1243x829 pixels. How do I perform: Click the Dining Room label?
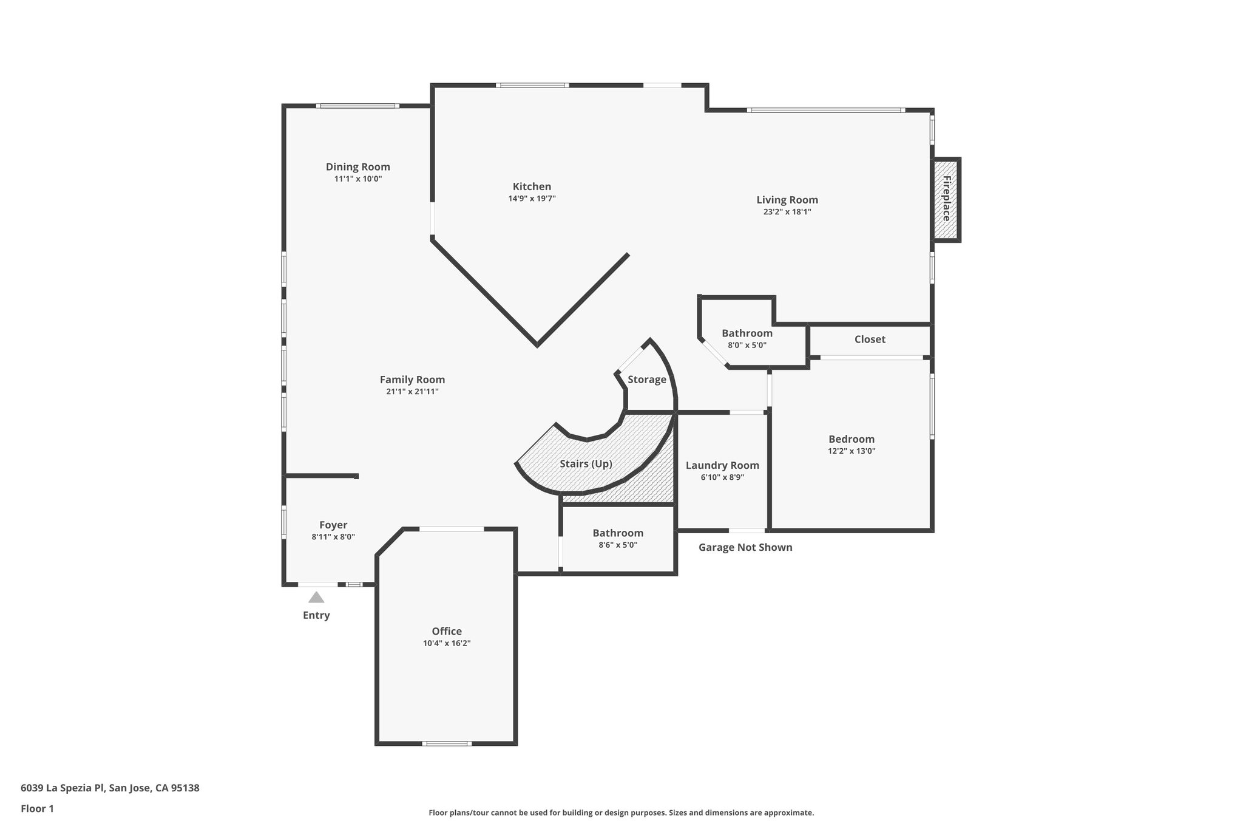tap(357, 167)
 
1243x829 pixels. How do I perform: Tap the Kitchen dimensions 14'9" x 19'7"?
tap(532, 199)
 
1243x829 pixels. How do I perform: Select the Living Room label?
tap(787, 200)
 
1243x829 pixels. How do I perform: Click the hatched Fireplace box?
tap(946, 200)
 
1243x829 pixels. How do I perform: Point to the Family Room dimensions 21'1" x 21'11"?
tap(412, 392)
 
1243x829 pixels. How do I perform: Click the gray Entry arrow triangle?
tap(316, 598)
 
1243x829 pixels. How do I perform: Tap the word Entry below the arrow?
tap(316, 615)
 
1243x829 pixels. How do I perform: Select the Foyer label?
tap(333, 525)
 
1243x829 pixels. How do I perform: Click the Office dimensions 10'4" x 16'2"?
tap(447, 643)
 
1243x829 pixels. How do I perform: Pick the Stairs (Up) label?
tap(586, 464)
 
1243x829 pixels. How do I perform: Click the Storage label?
tap(646, 380)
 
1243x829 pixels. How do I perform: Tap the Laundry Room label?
tap(722, 466)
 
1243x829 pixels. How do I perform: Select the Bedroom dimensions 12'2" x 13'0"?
tap(852, 451)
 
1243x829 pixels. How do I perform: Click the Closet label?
tap(870, 339)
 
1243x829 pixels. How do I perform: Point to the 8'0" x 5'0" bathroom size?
tap(747, 345)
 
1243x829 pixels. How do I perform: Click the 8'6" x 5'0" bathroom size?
tap(618, 545)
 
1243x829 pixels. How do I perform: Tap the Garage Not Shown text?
tap(745, 547)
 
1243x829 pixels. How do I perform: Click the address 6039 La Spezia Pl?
tap(63, 788)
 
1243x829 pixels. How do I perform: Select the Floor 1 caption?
tap(37, 809)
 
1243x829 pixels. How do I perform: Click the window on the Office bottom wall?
tap(447, 743)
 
